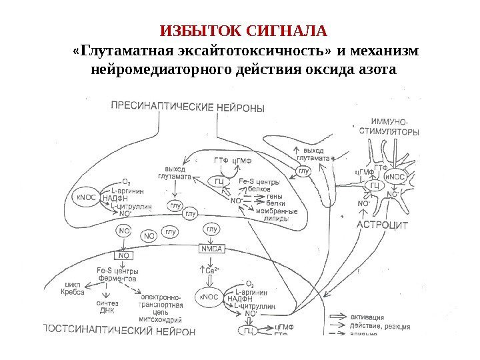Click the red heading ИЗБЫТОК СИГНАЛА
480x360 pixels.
[245, 31]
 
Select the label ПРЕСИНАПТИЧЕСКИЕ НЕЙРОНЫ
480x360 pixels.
[186, 107]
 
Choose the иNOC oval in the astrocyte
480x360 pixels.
[396, 177]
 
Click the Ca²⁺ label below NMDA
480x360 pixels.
[211, 270]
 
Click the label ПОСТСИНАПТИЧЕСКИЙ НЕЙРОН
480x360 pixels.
[120, 330]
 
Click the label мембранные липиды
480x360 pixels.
[273, 213]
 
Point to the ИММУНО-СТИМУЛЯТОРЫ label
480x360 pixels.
[394, 127]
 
